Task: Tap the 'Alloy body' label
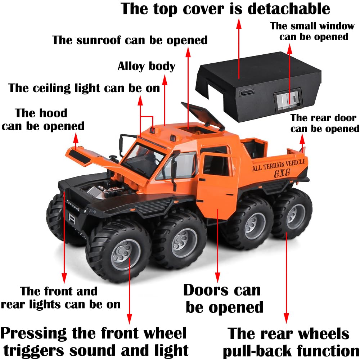(x=147, y=66)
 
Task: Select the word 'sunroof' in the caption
(x=98, y=40)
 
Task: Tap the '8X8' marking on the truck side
(x=282, y=173)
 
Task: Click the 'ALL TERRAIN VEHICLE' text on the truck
(x=279, y=165)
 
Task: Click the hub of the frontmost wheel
(x=125, y=255)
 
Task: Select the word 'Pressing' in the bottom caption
(x=33, y=334)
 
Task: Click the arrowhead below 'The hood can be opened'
(x=76, y=138)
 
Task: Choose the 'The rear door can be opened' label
(x=325, y=123)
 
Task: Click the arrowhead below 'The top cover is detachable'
(x=239, y=23)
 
